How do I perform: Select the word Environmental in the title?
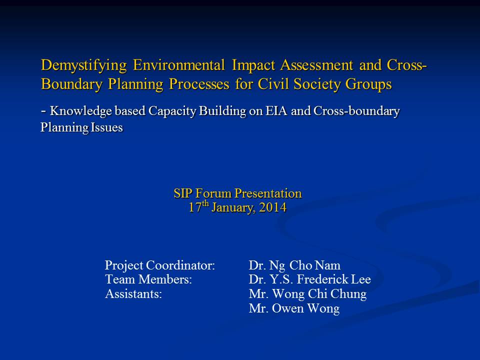pyautogui.click(x=179, y=65)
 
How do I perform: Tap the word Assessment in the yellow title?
pyautogui.click(x=316, y=65)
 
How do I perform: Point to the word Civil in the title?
pyautogui.click(x=272, y=83)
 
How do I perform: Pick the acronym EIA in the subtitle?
pyautogui.click(x=276, y=110)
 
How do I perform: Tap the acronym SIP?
pyautogui.click(x=183, y=193)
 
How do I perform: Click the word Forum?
pyautogui.click(x=213, y=193)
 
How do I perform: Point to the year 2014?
pyautogui.click(x=273, y=207)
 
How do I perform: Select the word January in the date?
pyautogui.click(x=233, y=208)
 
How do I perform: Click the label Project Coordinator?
pyautogui.click(x=160, y=265)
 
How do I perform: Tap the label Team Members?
pyautogui.click(x=148, y=279)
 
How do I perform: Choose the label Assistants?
pyautogui.click(x=133, y=294)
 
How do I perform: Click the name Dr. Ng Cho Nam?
pyautogui.click(x=294, y=265)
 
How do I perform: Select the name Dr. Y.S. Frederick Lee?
pyautogui.click(x=310, y=279)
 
